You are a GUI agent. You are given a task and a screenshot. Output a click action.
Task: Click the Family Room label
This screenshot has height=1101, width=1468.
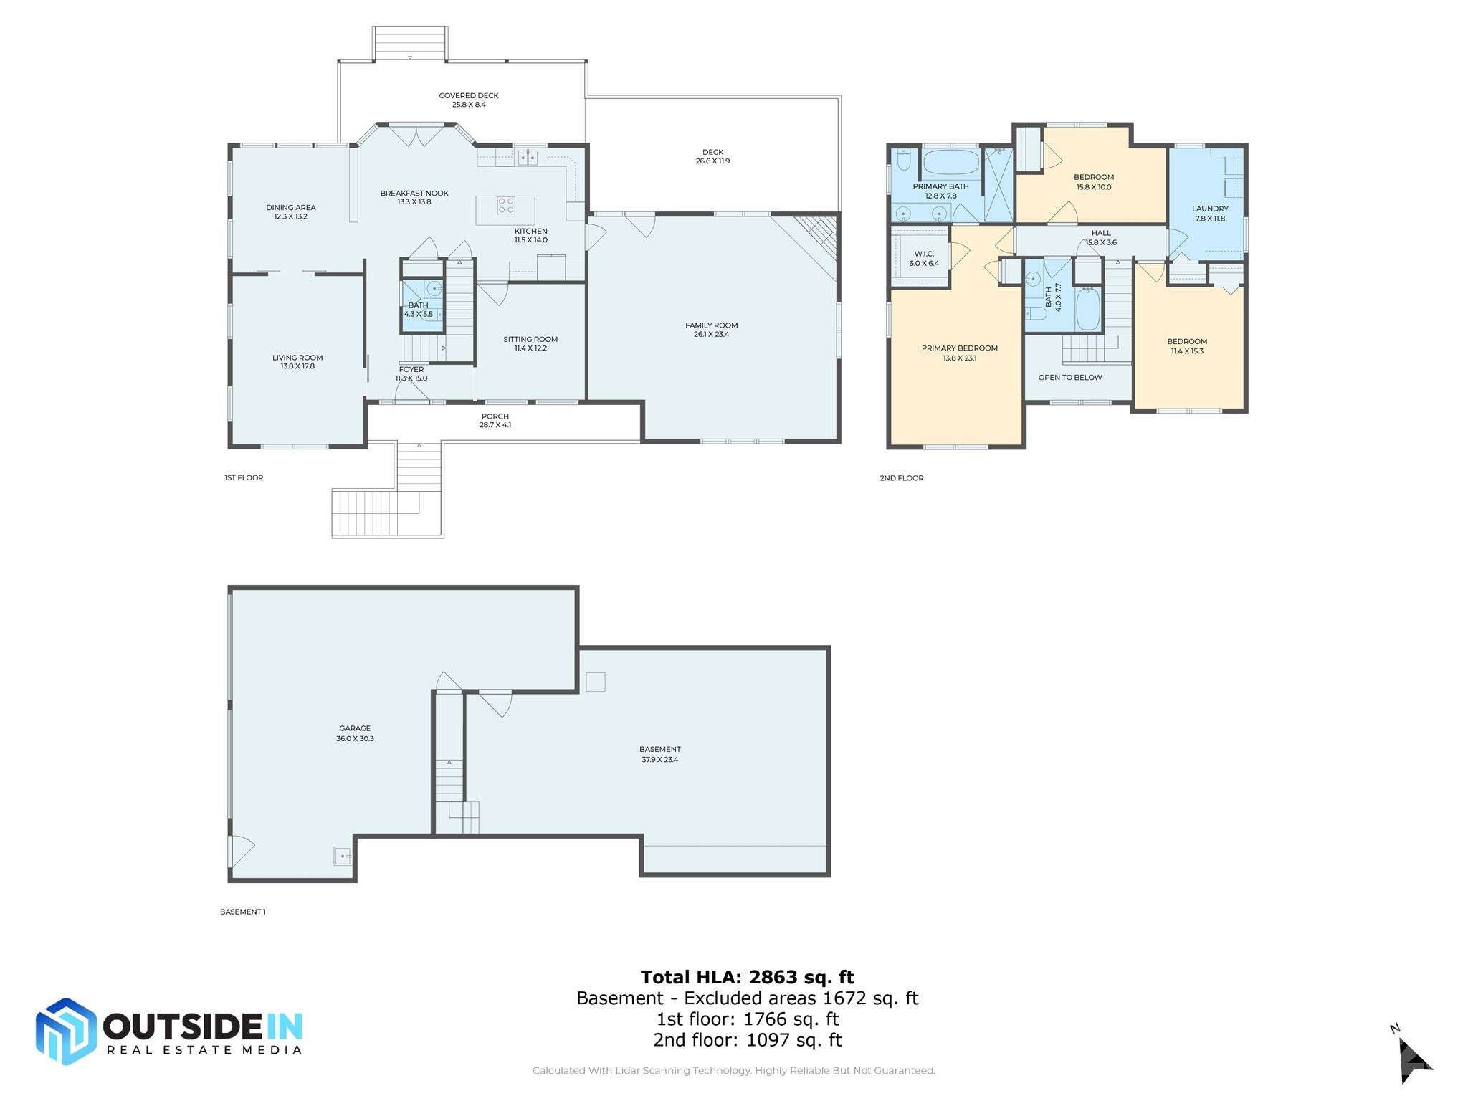711,325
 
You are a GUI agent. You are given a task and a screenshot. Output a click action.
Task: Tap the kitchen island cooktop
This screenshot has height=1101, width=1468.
506,206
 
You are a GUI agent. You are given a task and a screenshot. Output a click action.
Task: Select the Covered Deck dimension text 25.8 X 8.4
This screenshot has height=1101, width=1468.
469,105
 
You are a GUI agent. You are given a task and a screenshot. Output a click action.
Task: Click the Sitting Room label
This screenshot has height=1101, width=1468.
530,340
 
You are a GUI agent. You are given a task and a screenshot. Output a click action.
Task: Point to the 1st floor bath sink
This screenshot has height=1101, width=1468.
434,289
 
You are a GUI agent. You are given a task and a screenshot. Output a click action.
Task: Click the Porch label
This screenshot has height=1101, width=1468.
495,416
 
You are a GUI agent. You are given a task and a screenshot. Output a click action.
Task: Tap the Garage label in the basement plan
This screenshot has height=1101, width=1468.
355,728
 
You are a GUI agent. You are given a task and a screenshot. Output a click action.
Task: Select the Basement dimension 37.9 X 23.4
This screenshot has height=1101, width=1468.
659,760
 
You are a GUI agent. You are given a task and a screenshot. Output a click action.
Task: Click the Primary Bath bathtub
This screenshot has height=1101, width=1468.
950,162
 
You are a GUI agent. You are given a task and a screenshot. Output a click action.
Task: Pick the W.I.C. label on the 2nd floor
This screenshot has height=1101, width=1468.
924,254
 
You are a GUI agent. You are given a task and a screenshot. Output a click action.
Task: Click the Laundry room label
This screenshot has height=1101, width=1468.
1210,209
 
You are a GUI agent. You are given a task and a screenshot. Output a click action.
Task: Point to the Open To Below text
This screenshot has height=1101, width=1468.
1070,378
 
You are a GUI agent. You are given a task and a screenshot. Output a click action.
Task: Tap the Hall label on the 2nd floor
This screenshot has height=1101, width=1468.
1101,233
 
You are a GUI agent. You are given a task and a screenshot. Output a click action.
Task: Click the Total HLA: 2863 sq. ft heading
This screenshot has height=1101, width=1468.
747,977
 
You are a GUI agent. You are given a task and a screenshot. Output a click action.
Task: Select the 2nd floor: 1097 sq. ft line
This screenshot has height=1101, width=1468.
747,1040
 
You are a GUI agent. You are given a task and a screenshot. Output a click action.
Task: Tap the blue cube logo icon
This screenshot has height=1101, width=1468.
66,1031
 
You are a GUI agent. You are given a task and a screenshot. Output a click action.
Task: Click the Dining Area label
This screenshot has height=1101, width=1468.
290,208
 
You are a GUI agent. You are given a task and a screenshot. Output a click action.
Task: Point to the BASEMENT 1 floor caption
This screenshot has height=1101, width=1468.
242,912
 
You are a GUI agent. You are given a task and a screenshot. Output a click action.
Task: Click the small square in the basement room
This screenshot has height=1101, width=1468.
595,682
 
